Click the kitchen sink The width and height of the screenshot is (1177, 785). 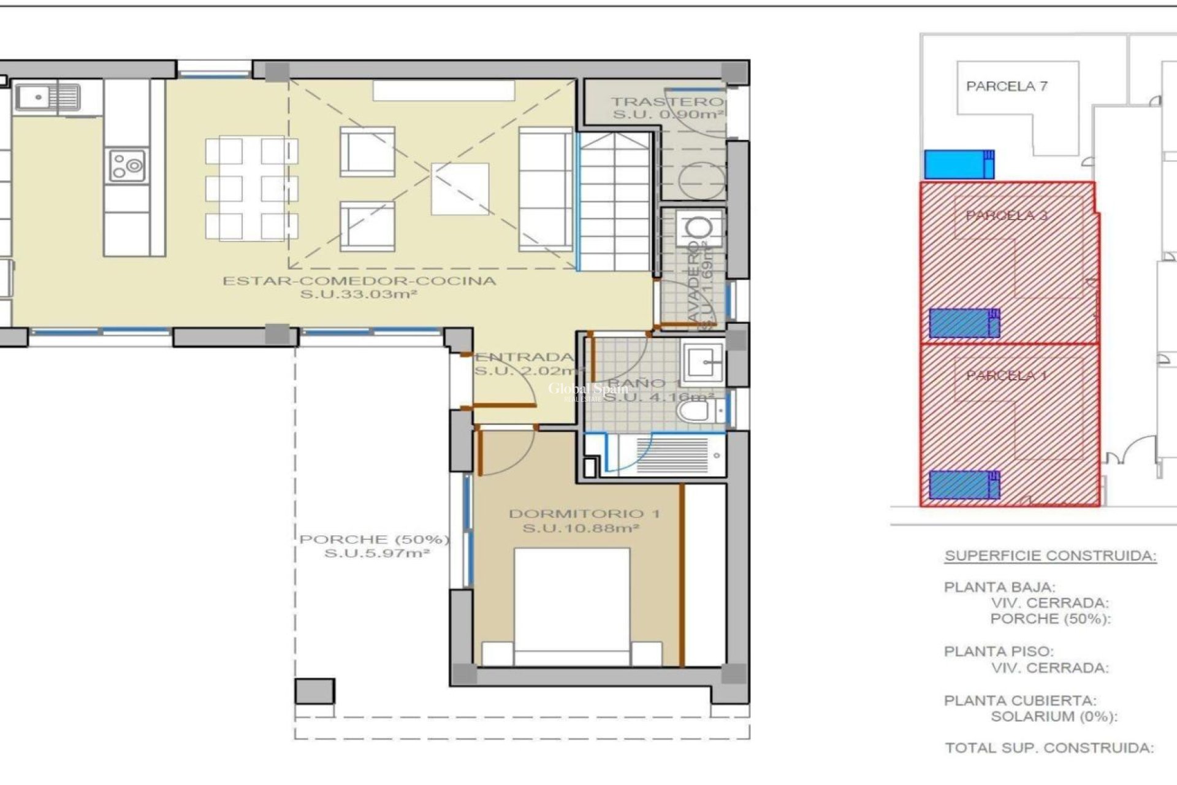(x=48, y=97)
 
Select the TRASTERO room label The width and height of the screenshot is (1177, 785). (x=667, y=102)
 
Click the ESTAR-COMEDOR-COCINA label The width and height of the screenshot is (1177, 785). (x=359, y=281)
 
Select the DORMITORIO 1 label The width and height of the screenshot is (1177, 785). (x=584, y=514)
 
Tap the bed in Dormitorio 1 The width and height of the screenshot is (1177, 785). (x=571, y=607)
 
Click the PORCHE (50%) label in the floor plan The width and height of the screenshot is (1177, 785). (x=374, y=540)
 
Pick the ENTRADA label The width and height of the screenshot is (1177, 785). (x=525, y=357)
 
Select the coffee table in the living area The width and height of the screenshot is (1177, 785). (x=460, y=189)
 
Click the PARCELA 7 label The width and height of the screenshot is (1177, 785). (x=1007, y=86)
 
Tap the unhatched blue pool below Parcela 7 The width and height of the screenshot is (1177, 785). (x=959, y=164)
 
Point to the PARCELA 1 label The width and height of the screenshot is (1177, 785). (x=1006, y=375)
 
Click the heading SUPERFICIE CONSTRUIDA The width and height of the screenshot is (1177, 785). (x=1050, y=556)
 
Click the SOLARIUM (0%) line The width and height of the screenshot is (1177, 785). (x=1054, y=716)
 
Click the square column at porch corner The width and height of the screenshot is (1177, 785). (x=314, y=691)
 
